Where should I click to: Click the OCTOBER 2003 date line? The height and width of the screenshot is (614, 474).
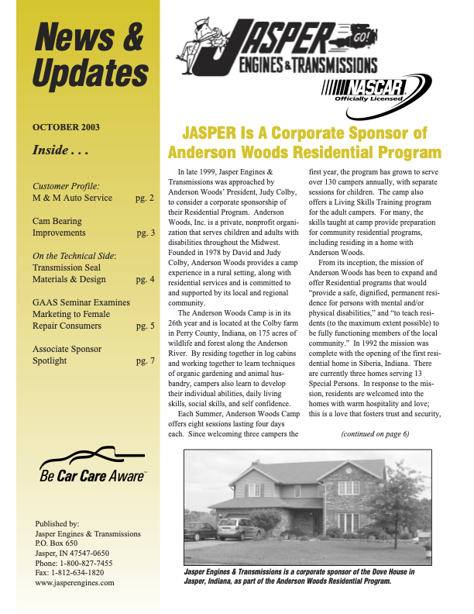pos(66,127)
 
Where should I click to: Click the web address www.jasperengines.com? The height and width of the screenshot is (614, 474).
pos(75,582)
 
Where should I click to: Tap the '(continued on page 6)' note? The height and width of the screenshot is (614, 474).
pos(375,433)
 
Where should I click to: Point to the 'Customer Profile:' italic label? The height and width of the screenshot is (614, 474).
pos(66,186)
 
